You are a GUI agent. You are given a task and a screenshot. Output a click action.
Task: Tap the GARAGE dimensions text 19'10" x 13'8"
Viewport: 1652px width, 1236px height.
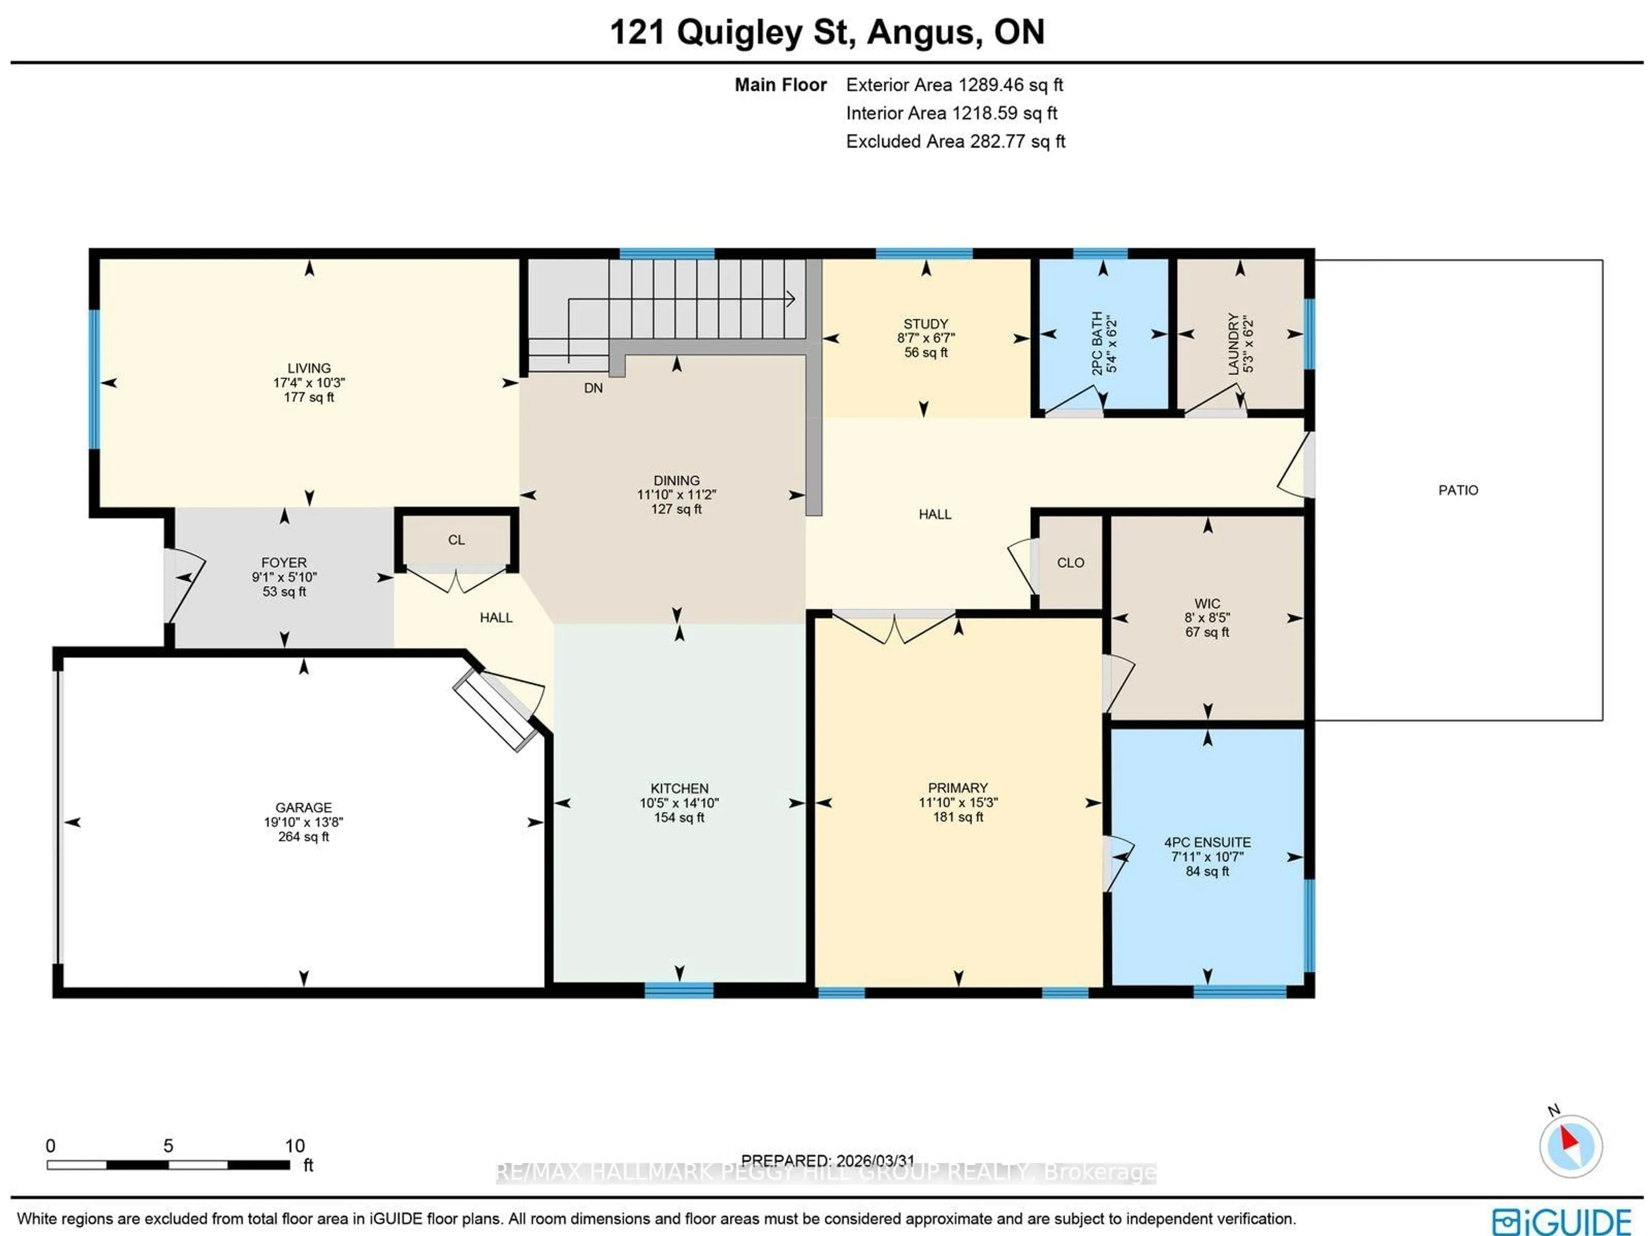[x=303, y=822]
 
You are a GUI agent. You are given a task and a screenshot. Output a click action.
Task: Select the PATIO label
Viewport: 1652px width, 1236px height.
[x=1458, y=491]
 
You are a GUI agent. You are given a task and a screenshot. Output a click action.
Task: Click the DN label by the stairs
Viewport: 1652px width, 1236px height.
[x=593, y=388]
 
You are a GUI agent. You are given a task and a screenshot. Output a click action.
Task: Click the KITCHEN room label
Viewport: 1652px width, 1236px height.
[x=679, y=788]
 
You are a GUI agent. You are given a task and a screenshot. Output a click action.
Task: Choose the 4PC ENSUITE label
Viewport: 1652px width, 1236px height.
[x=1207, y=842]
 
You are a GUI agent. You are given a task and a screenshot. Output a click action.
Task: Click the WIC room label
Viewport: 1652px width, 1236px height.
[x=1207, y=603]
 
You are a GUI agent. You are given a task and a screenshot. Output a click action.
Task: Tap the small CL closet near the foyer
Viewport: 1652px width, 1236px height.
[x=456, y=540]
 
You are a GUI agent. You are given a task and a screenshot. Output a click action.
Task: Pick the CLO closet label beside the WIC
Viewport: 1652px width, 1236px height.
[x=1070, y=563]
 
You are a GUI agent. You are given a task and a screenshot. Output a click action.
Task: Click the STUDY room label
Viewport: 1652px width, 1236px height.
[x=925, y=324]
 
